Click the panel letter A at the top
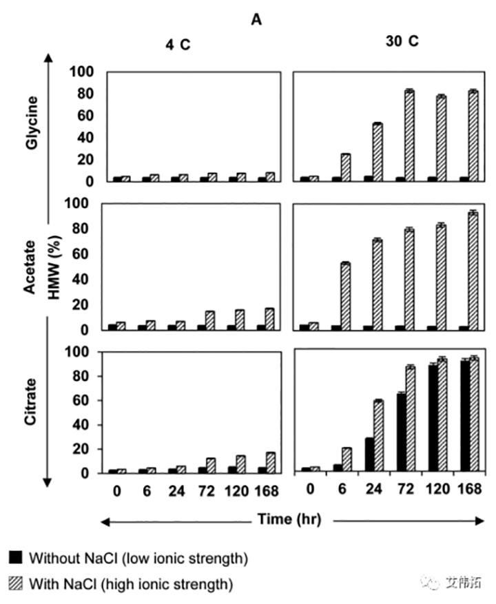point(256,20)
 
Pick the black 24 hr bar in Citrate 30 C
point(369,455)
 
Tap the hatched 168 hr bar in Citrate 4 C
point(271,462)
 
